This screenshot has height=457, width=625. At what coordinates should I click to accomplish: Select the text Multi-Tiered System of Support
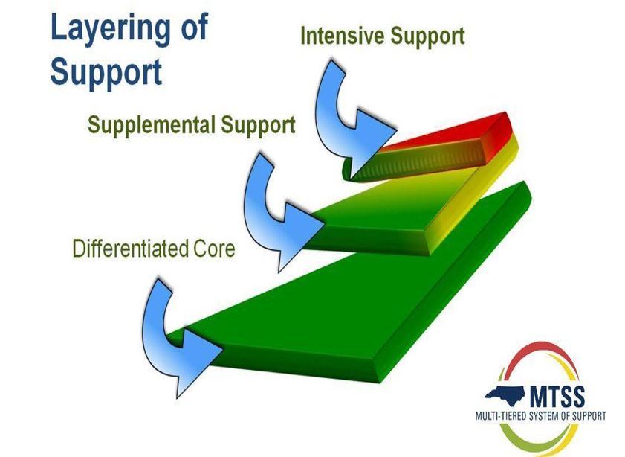pos(542,415)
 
